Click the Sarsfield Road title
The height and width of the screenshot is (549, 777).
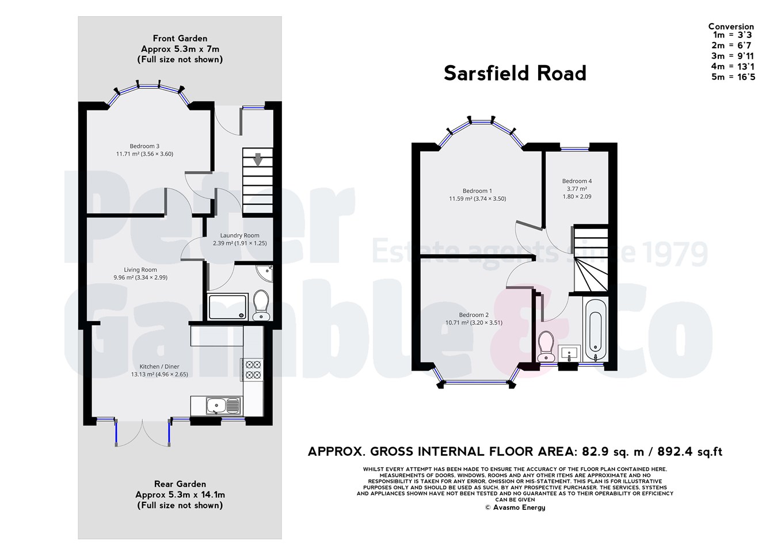click(515, 74)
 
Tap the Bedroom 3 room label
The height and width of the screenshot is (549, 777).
click(144, 146)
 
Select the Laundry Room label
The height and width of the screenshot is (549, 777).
click(239, 235)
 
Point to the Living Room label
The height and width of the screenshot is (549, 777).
click(140, 270)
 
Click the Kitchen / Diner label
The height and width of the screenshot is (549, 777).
click(159, 367)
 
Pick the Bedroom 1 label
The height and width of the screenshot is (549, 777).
click(477, 191)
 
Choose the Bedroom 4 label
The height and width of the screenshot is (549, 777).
click(577, 181)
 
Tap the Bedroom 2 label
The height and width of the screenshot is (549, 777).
click(474, 315)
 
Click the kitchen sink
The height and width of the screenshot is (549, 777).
click(216, 406)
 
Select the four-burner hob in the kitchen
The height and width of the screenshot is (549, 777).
click(252, 369)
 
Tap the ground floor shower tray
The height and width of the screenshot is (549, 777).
click(228, 306)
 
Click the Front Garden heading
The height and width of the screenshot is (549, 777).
click(180, 39)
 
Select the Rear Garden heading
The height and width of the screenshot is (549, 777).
click(180, 484)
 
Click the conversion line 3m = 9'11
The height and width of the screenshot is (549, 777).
click(732, 56)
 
